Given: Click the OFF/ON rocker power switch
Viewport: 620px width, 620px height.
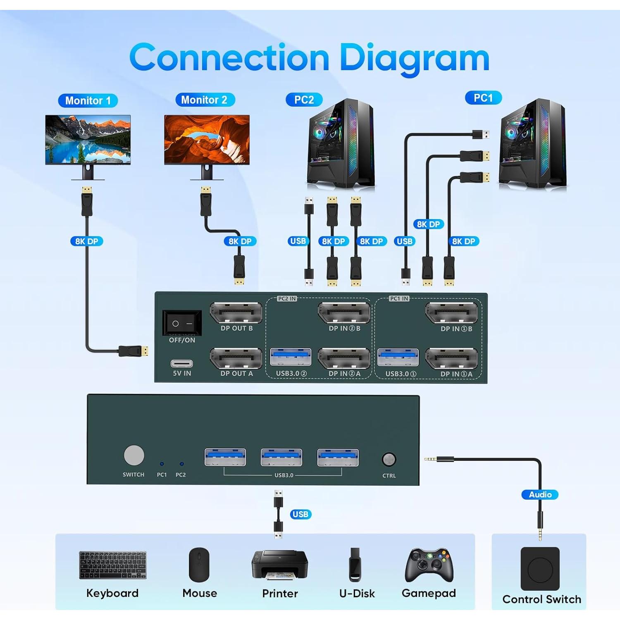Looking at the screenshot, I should tap(182, 323).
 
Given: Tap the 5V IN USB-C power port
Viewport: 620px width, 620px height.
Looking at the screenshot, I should tap(181, 363).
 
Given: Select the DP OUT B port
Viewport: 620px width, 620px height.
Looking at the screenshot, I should tap(236, 313).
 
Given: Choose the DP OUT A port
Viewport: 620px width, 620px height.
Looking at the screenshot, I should tap(236, 358).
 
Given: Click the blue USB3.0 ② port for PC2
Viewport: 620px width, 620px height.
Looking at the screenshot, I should tap(291, 357).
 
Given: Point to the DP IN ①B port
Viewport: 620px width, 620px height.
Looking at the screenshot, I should tap(451, 313).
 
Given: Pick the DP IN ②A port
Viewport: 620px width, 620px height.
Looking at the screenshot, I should tap(344, 358).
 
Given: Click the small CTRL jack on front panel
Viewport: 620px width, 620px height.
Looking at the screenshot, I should tap(389, 459).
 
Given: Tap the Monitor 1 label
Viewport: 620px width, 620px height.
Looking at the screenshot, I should tap(88, 100).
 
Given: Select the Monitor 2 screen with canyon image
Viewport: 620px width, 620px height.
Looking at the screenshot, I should tap(207, 140).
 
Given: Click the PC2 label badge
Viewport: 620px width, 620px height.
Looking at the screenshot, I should tap(304, 100).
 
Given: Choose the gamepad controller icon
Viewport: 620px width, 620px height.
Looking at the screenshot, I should tap(429, 565).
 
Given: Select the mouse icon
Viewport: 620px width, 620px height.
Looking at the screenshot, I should tap(199, 565).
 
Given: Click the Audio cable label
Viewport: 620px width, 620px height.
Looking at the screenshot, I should tap(540, 494).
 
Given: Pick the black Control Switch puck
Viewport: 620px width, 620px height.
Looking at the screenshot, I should tap(540, 569).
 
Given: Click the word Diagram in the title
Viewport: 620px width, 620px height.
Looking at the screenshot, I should tap(414, 58).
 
